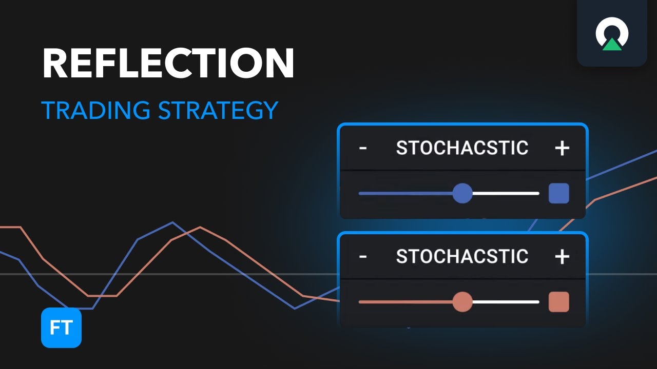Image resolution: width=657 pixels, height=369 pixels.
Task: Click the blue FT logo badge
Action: point(61,327)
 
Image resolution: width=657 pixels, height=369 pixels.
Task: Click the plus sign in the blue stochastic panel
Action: point(562,148)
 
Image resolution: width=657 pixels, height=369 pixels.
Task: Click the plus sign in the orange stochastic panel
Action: point(562,256)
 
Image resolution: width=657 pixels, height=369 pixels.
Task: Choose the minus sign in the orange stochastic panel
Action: point(363,256)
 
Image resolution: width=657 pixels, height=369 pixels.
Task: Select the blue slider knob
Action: point(462,194)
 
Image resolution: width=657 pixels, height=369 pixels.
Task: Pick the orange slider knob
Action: point(462,302)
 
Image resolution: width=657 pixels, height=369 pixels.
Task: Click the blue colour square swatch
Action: point(558,194)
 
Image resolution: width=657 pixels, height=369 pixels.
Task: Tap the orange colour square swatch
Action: point(558,302)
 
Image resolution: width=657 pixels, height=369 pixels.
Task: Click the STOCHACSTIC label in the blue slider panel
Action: point(462,148)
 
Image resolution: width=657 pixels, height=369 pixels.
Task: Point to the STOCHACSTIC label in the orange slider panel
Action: point(462,256)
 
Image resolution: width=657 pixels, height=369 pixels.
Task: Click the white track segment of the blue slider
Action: point(506,194)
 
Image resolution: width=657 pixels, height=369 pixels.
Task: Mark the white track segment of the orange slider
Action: point(506,302)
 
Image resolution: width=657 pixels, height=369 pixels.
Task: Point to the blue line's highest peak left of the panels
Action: point(172,222)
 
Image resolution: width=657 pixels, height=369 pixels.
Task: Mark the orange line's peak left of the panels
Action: point(200,227)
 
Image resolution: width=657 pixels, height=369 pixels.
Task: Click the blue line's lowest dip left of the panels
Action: point(294,309)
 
